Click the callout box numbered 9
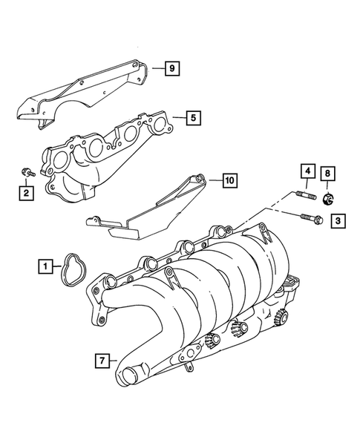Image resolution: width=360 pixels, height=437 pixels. [171, 69]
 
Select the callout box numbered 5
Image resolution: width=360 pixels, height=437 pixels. [192, 116]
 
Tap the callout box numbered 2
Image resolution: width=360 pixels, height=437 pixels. [25, 194]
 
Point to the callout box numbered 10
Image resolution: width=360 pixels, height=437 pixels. [229, 180]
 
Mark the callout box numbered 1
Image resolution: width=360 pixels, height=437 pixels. [46, 264]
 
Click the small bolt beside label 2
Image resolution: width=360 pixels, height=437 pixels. [26, 174]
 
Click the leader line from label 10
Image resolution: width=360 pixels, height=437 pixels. [212, 180]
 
